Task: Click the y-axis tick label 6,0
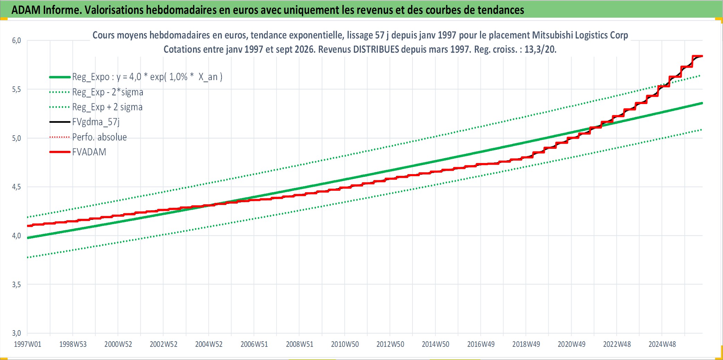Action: click(x=16, y=41)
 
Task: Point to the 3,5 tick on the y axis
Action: click(x=16, y=285)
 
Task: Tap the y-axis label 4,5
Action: click(x=16, y=187)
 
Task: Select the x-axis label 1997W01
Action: click(x=27, y=344)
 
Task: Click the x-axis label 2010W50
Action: click(x=345, y=344)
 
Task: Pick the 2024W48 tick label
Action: click(x=662, y=344)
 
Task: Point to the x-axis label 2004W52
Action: click(x=209, y=344)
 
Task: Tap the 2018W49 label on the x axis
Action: click(x=526, y=344)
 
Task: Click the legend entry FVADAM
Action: click(x=89, y=152)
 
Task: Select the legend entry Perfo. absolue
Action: click(x=99, y=137)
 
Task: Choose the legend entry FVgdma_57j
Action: click(x=96, y=122)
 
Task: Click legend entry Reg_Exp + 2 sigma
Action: click(x=107, y=107)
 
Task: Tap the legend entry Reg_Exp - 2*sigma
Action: click(x=108, y=92)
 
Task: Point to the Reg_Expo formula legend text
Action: click(x=147, y=77)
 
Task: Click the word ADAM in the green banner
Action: click(x=26, y=10)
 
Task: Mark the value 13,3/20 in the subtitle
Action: click(x=540, y=49)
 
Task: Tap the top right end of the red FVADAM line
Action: click(x=702, y=56)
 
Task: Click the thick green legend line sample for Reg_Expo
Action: click(x=60, y=77)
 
